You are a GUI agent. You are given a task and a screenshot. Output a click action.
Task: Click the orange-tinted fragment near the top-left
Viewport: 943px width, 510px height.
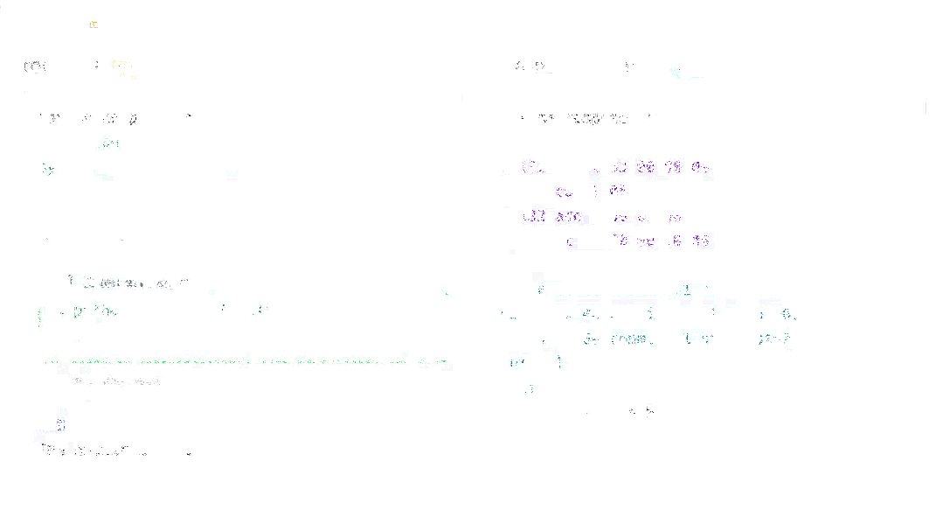pyautogui.click(x=35, y=65)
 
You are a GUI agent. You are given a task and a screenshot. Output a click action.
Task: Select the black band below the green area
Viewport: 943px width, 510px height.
pyautogui.click(x=472, y=484)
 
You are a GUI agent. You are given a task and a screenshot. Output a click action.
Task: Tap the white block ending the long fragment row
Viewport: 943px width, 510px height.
pyautogui.click(x=447, y=367)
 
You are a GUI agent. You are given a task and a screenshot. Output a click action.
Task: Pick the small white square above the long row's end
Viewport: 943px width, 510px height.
pyautogui.click(x=405, y=354)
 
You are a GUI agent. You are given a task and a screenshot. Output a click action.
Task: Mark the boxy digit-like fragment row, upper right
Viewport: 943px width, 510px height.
pyautogui.click(x=586, y=119)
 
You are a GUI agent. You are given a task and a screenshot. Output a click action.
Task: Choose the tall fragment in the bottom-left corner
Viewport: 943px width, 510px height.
pyautogui.click(x=61, y=418)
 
